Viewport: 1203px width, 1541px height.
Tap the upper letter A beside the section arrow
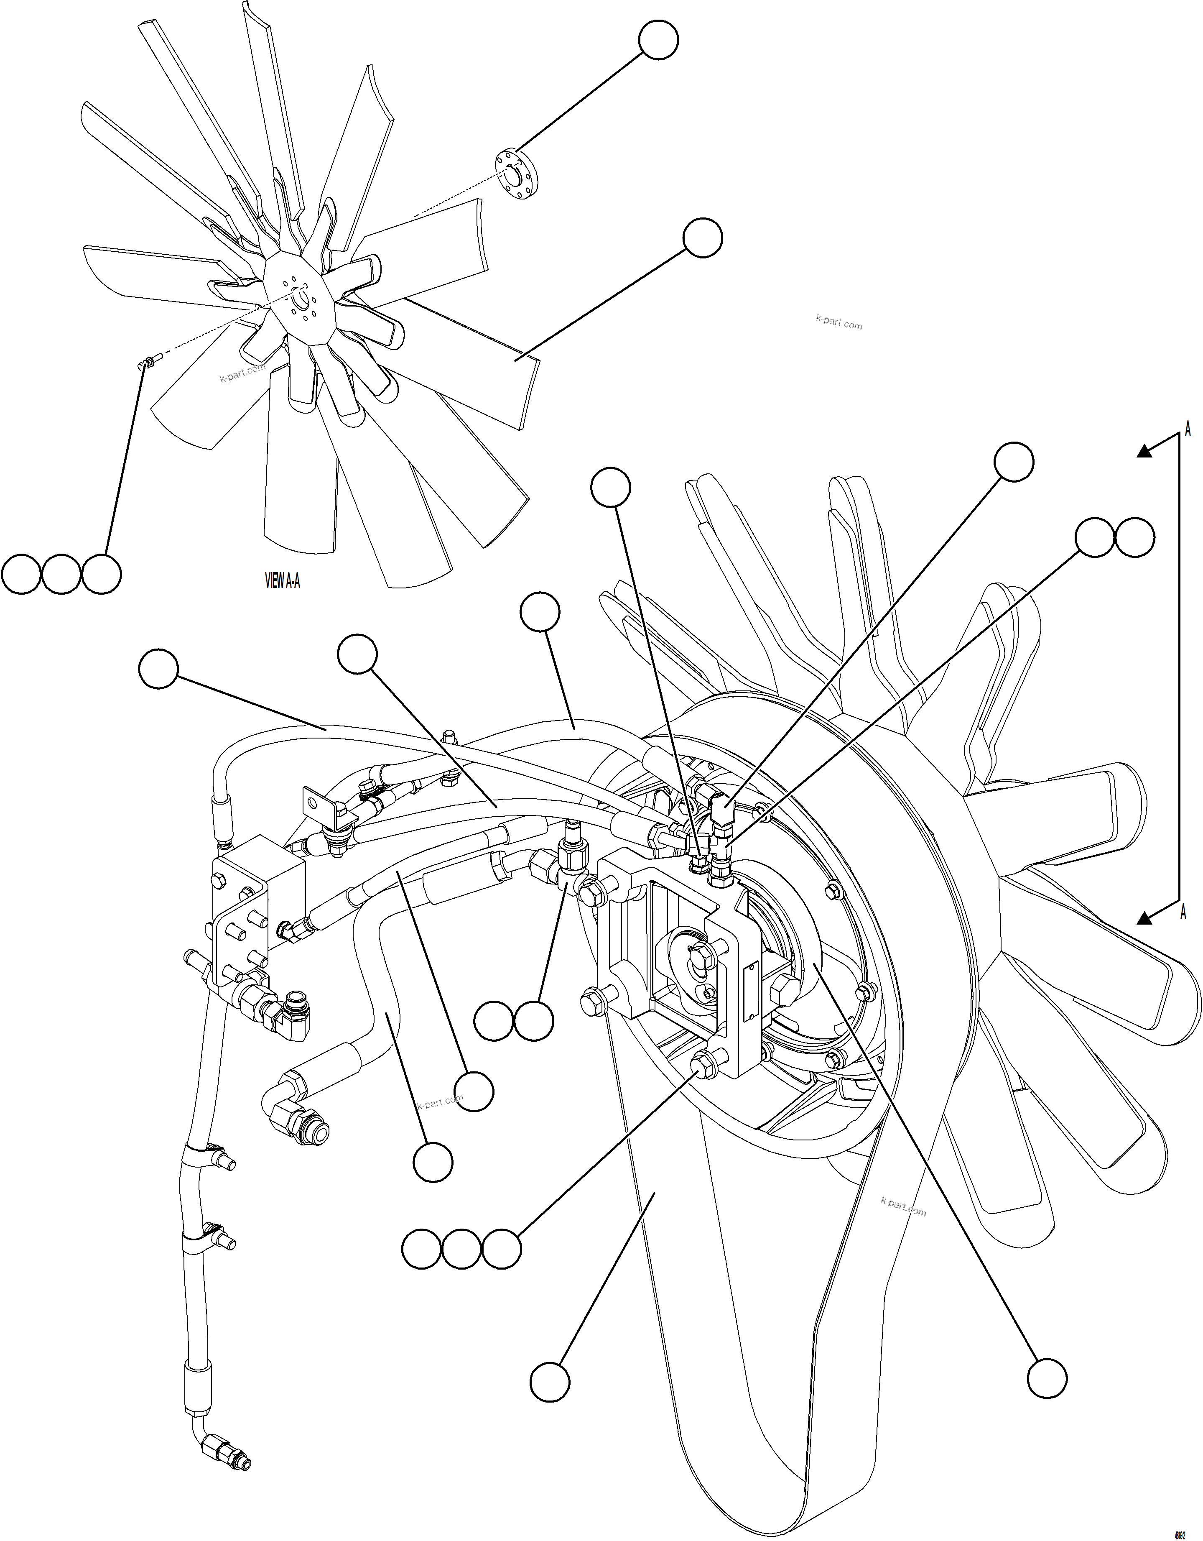(x=1188, y=429)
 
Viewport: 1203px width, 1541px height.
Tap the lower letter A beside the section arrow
(x=1183, y=912)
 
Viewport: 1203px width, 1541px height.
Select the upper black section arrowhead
(x=1144, y=452)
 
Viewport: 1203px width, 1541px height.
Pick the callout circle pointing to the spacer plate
(x=658, y=39)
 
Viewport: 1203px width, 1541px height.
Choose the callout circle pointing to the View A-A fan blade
(x=703, y=238)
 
